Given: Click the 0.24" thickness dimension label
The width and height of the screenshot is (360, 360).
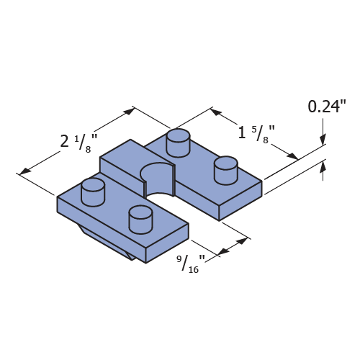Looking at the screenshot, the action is [x=327, y=107].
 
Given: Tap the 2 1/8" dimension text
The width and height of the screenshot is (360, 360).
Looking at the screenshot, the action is [x=78, y=143].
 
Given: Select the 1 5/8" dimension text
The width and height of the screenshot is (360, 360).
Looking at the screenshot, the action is [x=256, y=134].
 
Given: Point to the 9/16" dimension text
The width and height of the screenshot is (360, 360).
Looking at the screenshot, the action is [x=191, y=264].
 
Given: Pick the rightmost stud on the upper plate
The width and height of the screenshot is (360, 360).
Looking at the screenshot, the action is [x=226, y=170].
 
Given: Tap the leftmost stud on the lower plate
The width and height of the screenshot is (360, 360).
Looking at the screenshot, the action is [x=93, y=192].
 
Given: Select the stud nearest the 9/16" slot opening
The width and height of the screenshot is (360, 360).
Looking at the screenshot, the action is [x=140, y=219].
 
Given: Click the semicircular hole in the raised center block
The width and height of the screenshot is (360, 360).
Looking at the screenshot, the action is [x=157, y=179].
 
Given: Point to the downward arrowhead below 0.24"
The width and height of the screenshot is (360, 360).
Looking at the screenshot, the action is [x=323, y=140].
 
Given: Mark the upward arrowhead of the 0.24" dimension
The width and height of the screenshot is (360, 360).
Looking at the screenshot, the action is [x=323, y=166].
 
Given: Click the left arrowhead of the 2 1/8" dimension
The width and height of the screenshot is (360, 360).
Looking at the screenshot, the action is [x=25, y=171].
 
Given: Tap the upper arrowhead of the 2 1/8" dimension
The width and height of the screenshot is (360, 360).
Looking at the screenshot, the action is [x=129, y=112].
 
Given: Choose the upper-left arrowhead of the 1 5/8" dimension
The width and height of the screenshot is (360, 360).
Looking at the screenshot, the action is [x=215, y=112].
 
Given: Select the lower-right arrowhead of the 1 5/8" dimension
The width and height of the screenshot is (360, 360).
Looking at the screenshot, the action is [x=292, y=156].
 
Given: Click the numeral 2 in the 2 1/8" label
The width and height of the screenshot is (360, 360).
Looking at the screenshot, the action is [x=64, y=141].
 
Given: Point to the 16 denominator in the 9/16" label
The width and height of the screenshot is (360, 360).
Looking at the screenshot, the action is [x=194, y=270].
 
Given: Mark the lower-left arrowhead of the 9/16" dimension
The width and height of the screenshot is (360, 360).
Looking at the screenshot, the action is [x=223, y=251].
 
